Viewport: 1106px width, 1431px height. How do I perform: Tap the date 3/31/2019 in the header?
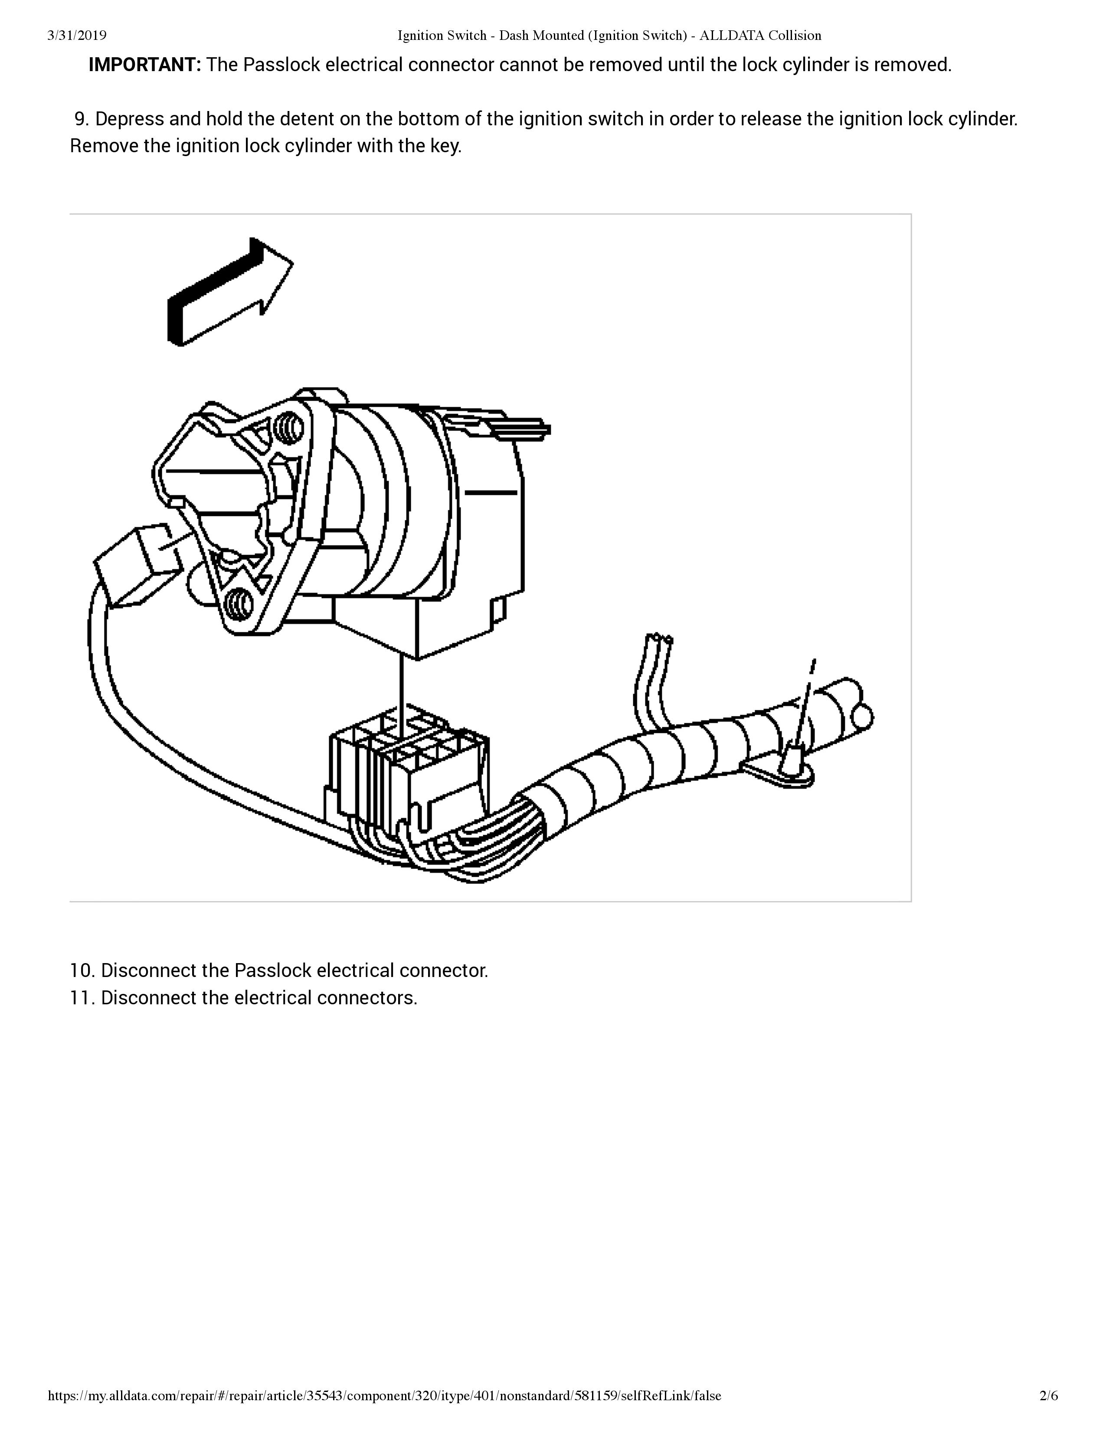coord(77,36)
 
